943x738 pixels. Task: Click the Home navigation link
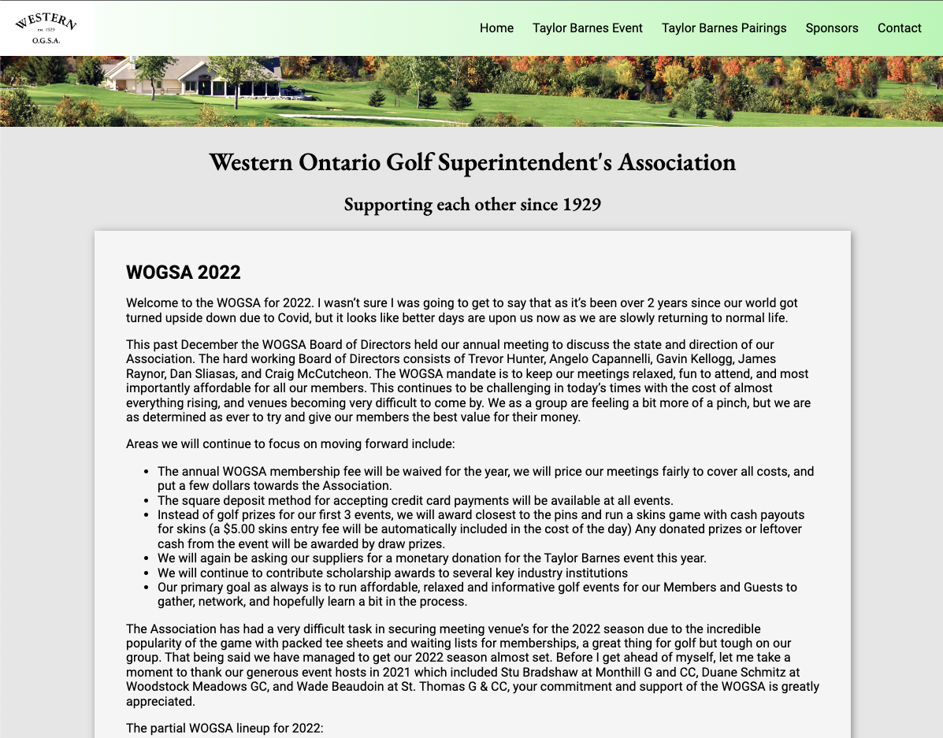(x=496, y=28)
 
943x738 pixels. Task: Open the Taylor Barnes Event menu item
(x=587, y=28)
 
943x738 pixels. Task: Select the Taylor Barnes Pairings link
(x=723, y=28)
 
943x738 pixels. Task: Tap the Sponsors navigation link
(x=831, y=28)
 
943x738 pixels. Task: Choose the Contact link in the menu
(x=899, y=28)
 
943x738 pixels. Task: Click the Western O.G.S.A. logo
(x=46, y=28)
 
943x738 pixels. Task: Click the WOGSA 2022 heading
(x=183, y=273)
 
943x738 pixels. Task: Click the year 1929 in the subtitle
(x=581, y=205)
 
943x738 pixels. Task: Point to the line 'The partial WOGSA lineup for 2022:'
(x=225, y=728)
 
